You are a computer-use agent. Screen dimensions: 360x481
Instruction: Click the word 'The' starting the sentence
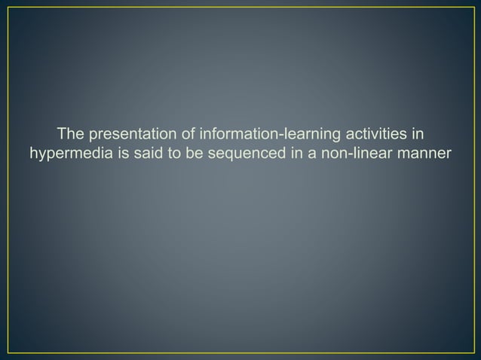pos(70,136)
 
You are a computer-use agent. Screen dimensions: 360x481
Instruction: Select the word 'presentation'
pos(130,136)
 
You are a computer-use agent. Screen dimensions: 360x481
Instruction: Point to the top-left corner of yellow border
pos(8,8)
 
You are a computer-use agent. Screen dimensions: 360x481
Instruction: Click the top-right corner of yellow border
pos(473,8)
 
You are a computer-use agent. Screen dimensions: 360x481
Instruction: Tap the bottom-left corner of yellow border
pos(8,352)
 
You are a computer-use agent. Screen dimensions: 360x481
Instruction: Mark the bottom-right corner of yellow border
pos(473,352)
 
